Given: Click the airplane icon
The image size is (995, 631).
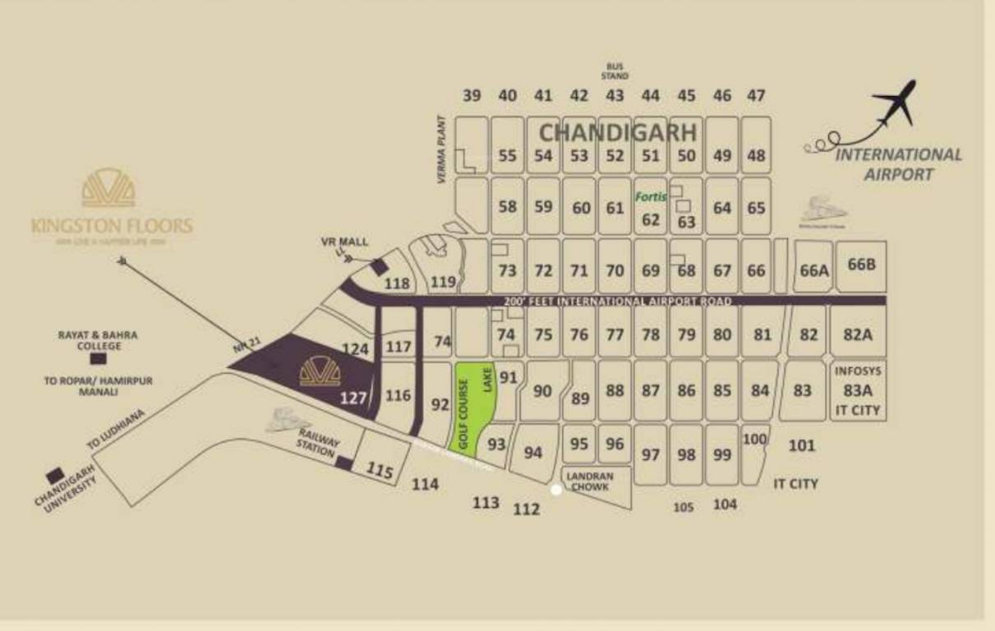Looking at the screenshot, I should pyautogui.click(x=896, y=104).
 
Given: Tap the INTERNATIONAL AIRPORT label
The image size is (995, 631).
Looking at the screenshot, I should pyautogui.click(x=898, y=164).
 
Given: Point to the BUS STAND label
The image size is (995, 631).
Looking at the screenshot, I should pyautogui.click(x=615, y=71).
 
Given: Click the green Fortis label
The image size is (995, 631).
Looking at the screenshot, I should pyautogui.click(x=651, y=197).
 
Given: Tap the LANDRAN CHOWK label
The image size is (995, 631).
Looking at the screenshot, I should pyautogui.click(x=588, y=481).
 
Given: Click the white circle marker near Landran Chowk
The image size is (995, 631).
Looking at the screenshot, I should pyautogui.click(x=555, y=490).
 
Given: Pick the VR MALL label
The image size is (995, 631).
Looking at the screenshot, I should pyautogui.click(x=344, y=242).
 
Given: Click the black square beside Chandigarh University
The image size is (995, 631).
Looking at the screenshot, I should pyautogui.click(x=56, y=475).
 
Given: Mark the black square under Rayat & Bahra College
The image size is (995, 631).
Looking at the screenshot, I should pyautogui.click(x=98, y=359).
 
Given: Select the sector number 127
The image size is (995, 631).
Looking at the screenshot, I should pyautogui.click(x=353, y=398).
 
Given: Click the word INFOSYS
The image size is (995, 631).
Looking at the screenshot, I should pyautogui.click(x=858, y=371).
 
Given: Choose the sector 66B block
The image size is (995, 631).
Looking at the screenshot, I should pyautogui.click(x=862, y=265).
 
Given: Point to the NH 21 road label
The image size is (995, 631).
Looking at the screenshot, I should pyautogui.click(x=241, y=348).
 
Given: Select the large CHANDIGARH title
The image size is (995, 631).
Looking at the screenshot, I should pyautogui.click(x=618, y=132).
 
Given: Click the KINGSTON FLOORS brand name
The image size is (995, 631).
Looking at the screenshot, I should pyautogui.click(x=112, y=225).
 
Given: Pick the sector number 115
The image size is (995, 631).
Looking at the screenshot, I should pyautogui.click(x=380, y=472).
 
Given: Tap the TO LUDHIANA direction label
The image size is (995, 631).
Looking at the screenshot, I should pyautogui.click(x=117, y=430).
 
